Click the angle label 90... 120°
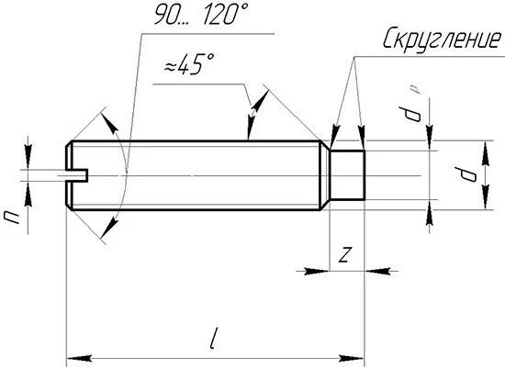[x=200, y=14]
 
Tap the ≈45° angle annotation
[x=189, y=64]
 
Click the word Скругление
[x=442, y=39]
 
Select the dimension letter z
[x=344, y=254]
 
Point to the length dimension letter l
[x=213, y=338]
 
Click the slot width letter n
[x=12, y=217]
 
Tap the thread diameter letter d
[x=466, y=174]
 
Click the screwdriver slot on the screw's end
[x=76, y=175]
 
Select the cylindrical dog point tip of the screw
[x=347, y=175]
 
